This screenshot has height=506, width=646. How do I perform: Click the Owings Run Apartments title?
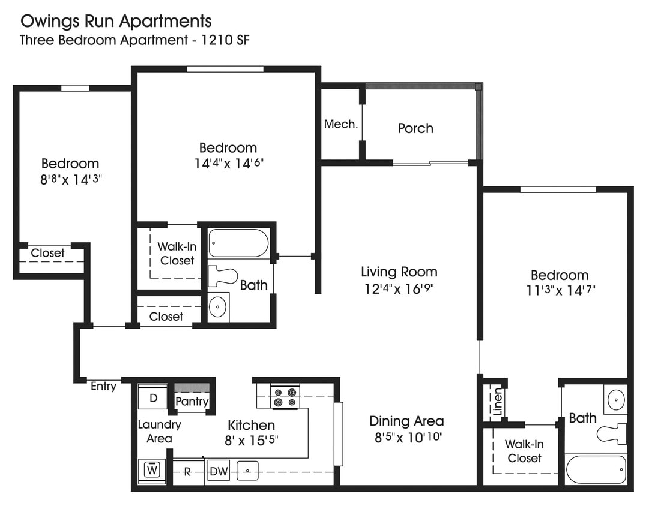[x=116, y=22]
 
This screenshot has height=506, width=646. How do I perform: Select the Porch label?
[x=415, y=128]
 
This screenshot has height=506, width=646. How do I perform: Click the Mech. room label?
[x=341, y=124]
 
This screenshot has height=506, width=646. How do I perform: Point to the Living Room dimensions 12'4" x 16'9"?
[x=399, y=288]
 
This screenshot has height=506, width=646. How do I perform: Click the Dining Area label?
[x=406, y=421]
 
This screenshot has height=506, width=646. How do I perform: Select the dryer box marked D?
[x=153, y=397]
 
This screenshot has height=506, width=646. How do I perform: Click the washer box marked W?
[x=152, y=470]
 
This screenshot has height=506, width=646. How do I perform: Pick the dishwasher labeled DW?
[x=219, y=472]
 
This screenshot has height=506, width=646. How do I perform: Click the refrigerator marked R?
[x=187, y=472]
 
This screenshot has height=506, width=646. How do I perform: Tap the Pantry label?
[x=192, y=402]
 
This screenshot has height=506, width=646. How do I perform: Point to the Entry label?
[x=103, y=386]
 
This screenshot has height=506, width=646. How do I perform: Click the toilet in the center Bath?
[x=222, y=276]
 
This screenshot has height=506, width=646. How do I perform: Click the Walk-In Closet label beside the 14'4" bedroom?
[x=177, y=254]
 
